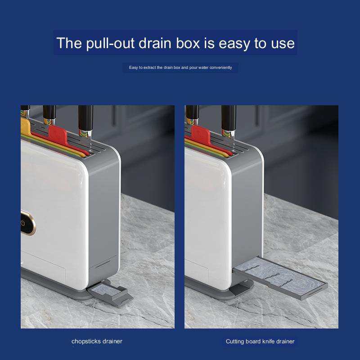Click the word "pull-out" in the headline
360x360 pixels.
click(x=110, y=43)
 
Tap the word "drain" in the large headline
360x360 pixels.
click(x=155, y=43)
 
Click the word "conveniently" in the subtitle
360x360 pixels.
click(x=220, y=67)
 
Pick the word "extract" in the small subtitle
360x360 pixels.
click(x=150, y=67)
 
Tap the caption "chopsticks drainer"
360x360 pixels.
click(x=97, y=342)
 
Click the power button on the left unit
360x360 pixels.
click(x=23, y=223)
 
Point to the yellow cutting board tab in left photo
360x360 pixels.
click(x=25, y=126)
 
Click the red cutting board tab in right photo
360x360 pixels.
click(x=201, y=135)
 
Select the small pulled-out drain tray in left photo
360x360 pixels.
click(x=110, y=294)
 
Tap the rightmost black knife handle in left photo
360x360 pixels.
click(x=85, y=118)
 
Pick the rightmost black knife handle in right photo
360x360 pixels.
click(x=229, y=118)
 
